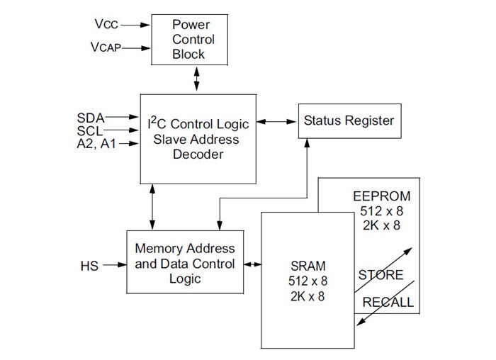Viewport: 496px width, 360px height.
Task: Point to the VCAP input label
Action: tap(106, 48)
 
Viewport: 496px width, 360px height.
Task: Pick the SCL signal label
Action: tap(91, 130)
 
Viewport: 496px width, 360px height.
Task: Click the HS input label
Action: tap(89, 266)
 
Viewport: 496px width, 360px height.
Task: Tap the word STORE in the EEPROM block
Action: tap(381, 275)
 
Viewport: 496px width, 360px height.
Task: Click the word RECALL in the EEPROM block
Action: tap(388, 303)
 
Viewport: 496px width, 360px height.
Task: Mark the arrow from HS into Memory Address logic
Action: tap(113, 266)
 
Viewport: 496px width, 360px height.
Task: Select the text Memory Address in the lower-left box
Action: tap(185, 249)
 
